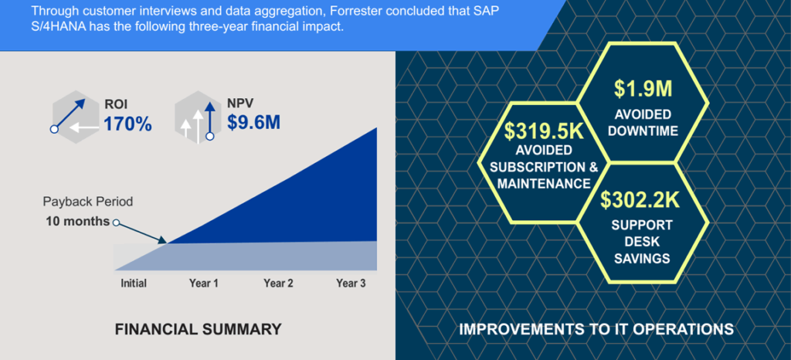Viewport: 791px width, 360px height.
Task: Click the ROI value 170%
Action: point(127,123)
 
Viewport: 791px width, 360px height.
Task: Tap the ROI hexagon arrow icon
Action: point(76,116)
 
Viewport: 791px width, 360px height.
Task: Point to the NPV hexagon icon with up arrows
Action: point(198,117)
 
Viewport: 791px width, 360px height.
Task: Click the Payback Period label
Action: point(87,202)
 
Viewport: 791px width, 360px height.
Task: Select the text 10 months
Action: point(77,222)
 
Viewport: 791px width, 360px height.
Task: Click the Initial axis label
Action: point(134,284)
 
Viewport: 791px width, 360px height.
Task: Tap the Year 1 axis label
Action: point(203,284)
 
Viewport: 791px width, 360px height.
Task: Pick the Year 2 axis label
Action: point(278,284)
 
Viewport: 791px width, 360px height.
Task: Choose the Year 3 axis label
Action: point(351,284)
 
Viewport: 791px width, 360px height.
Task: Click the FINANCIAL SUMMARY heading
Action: point(198,330)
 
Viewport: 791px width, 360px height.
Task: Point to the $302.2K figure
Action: point(643,201)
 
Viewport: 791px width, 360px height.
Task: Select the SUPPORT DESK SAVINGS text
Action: point(642,241)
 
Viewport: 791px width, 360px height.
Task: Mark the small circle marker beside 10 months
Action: point(116,223)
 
